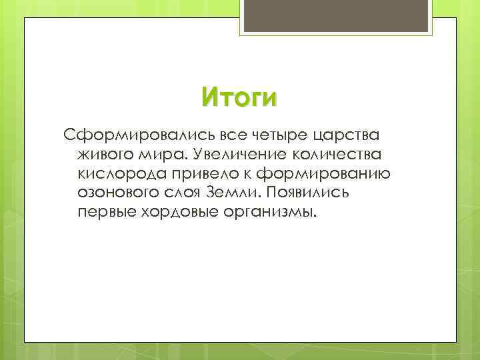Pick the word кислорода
coord(117,175)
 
